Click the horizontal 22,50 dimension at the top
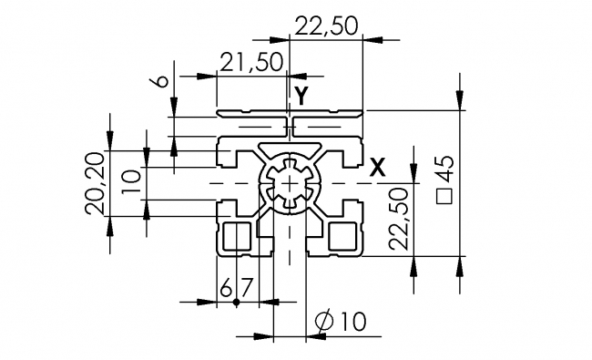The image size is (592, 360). (x=324, y=26)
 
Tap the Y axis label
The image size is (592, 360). (x=301, y=95)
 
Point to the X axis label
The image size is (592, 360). (x=378, y=167)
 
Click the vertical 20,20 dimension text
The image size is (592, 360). (x=94, y=183)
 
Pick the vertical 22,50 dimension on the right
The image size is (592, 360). (x=396, y=220)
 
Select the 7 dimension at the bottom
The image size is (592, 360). (x=243, y=288)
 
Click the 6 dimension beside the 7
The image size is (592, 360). (x=226, y=288)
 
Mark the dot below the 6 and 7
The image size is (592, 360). (x=235, y=302)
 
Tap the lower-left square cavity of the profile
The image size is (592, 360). (x=236, y=236)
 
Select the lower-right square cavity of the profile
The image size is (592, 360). (x=343, y=236)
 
